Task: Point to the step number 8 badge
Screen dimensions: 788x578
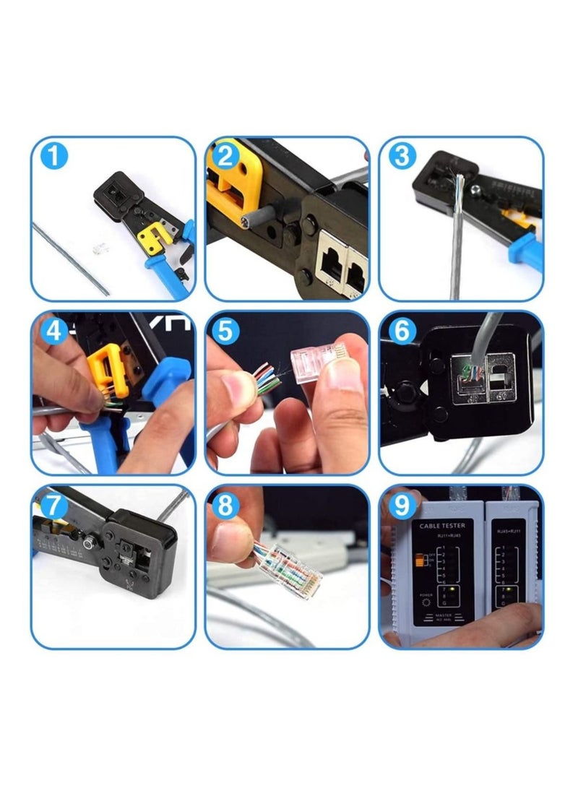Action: pyautogui.click(x=226, y=506)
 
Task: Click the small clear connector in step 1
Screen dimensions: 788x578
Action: pyautogui.click(x=95, y=248)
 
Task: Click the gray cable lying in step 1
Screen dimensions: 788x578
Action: pyautogui.click(x=69, y=256)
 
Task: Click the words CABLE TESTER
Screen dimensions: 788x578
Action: pyautogui.click(x=442, y=525)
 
